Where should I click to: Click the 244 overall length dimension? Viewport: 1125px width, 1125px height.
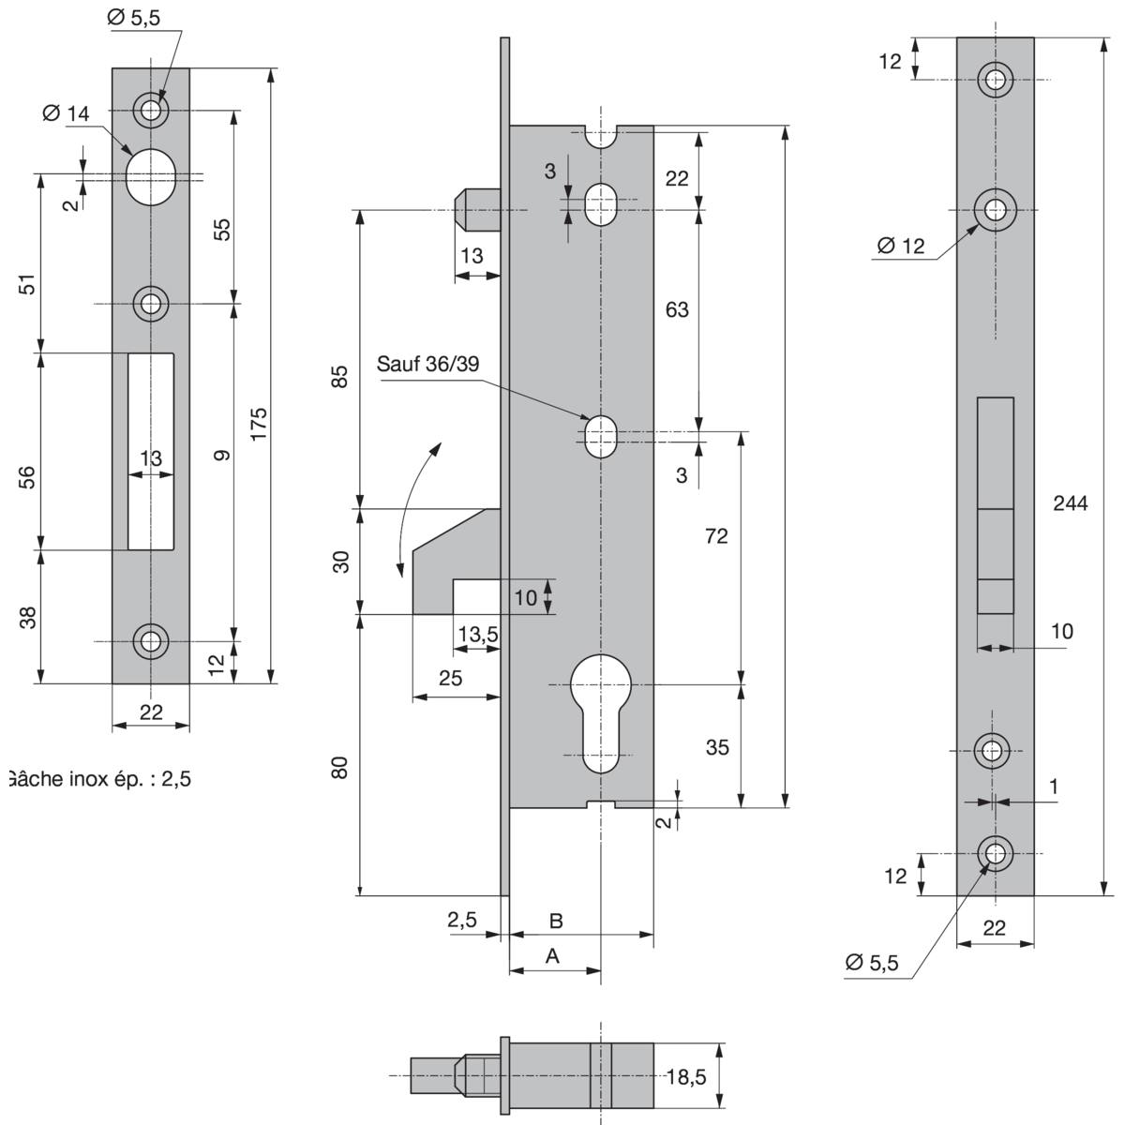1070,503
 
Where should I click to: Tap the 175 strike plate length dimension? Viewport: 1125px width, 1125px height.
260,424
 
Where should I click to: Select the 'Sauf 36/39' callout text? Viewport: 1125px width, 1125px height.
427,364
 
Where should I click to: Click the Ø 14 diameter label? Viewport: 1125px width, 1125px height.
66,113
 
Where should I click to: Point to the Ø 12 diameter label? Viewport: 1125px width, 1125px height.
901,247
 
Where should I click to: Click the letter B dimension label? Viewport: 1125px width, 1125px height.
555,922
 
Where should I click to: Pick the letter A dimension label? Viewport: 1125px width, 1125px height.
552,956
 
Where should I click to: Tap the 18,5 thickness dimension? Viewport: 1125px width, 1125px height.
685,1077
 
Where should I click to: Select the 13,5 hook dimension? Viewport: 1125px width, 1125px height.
477,635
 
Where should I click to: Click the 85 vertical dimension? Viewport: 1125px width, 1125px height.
340,376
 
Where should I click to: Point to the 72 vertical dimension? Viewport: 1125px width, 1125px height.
716,536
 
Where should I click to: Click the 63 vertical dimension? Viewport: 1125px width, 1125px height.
677,308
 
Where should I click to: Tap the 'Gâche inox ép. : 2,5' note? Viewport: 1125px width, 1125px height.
98,778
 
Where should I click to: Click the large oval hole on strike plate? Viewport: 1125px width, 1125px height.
150,176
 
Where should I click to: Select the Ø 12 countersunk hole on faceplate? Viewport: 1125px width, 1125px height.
995,211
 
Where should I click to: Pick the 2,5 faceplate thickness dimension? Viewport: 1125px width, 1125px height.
461,921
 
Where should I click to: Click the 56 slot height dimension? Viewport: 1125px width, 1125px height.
28,476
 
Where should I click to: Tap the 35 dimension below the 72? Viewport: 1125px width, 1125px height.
717,748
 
